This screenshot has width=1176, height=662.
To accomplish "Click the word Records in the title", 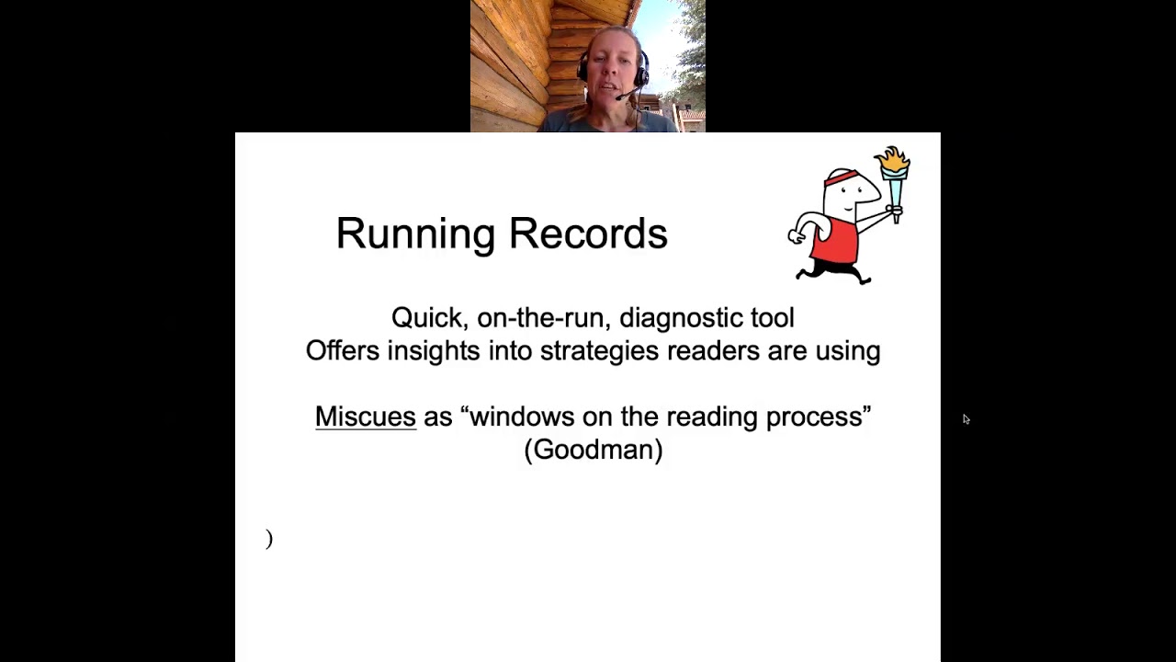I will click(x=588, y=234).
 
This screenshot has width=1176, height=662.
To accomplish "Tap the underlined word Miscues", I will click(x=366, y=417).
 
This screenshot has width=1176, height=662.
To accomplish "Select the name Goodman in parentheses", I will click(x=594, y=450).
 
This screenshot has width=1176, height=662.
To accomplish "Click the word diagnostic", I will click(x=679, y=318).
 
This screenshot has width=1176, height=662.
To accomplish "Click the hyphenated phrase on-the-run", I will click(x=540, y=318).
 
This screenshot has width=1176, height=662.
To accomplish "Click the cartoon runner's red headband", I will click(x=840, y=177).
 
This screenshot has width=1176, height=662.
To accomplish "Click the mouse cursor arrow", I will click(x=966, y=419).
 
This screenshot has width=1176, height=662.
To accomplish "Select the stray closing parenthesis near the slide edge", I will click(x=269, y=539).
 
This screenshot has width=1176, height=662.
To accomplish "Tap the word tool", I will click(x=773, y=318).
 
